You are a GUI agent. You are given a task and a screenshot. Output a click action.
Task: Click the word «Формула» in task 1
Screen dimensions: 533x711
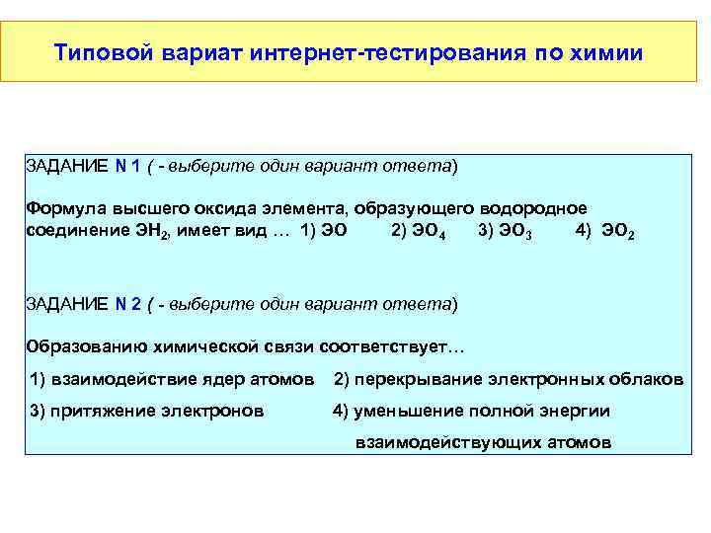[62, 209]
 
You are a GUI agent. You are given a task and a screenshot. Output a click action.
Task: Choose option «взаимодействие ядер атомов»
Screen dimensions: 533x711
[184, 379]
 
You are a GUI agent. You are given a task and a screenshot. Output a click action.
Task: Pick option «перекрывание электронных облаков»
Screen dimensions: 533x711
[519, 379]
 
